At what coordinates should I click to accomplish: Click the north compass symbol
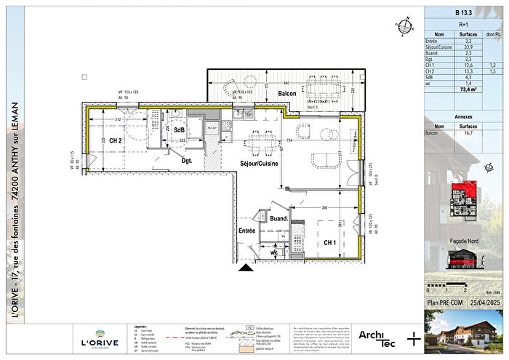point(400,21)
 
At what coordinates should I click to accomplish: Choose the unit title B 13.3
point(464,13)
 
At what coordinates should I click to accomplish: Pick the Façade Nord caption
point(463,239)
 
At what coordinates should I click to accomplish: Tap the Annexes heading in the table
point(463,116)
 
